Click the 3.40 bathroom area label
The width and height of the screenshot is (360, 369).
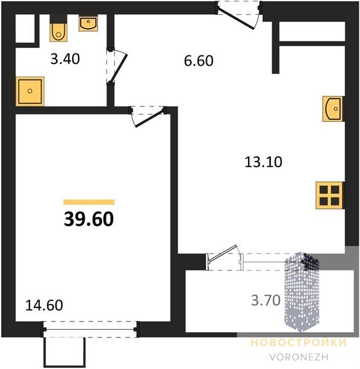point(65,59)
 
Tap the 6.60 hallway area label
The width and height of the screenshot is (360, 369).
point(199,61)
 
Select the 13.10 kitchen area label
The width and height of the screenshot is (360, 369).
point(263,162)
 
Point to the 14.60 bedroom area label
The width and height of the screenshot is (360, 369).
point(44,305)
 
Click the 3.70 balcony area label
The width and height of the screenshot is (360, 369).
point(266,301)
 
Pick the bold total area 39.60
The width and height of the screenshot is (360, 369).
point(89,219)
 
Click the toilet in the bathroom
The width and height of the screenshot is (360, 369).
point(58,28)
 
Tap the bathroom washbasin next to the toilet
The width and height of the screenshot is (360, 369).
point(88,23)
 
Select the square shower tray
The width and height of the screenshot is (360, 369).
point(30,91)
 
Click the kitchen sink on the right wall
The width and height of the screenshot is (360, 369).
point(333,109)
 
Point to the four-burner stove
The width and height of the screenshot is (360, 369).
point(330,196)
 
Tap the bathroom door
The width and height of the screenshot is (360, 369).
point(117,66)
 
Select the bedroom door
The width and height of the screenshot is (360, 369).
point(148,116)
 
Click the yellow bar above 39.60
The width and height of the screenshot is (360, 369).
point(89,202)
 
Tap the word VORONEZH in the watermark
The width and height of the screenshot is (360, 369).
point(299,357)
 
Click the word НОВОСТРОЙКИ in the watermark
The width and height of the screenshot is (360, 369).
point(299,343)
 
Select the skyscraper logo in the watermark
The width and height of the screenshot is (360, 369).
point(302,292)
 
